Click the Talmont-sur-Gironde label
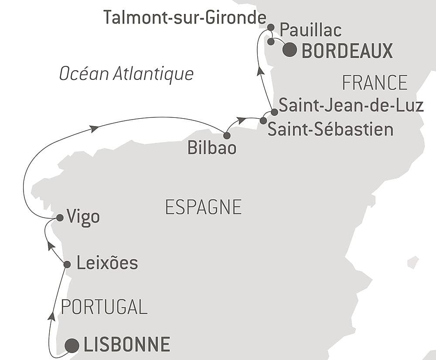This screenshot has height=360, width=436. [x=185, y=18]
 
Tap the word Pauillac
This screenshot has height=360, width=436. [x=310, y=30]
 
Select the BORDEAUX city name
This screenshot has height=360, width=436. [x=347, y=51]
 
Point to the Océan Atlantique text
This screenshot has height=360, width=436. [x=126, y=74]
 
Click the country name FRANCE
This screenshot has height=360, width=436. [x=375, y=82]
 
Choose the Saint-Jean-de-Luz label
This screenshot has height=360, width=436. [x=351, y=106]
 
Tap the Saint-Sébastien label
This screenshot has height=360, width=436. [x=330, y=130]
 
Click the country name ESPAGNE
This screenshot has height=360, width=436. [x=204, y=207]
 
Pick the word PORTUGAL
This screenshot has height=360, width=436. [x=104, y=307]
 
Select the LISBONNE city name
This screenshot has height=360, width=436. [x=126, y=345]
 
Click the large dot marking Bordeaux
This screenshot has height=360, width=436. [x=290, y=50]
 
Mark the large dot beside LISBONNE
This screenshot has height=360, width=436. [x=72, y=346]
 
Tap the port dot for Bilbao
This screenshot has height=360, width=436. [x=227, y=135]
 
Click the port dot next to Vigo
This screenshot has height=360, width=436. [x=60, y=217]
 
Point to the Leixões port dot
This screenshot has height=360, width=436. [x=67, y=264]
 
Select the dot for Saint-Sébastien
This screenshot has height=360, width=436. [x=263, y=120]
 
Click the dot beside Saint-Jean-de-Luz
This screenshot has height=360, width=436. [x=274, y=112]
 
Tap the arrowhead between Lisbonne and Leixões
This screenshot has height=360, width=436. [x=52, y=316]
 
